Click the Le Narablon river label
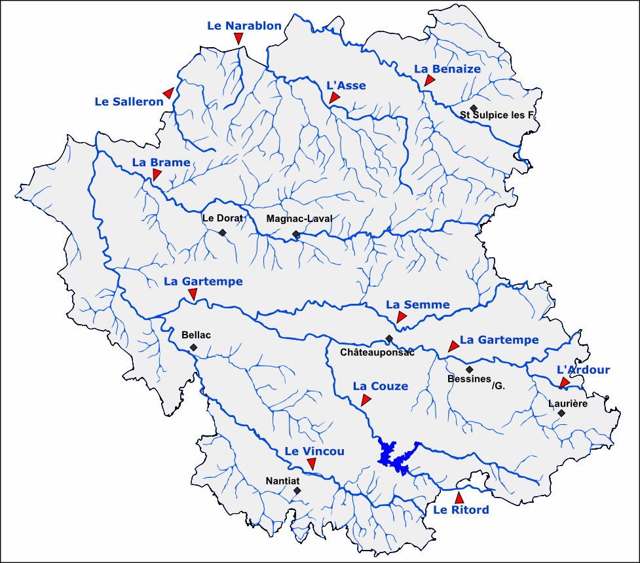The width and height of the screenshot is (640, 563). pyautogui.click(x=244, y=26)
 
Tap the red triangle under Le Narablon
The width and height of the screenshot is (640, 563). pyautogui.click(x=238, y=39)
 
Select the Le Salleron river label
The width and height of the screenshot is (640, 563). pyautogui.click(x=129, y=101)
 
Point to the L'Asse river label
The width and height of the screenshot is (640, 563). pyautogui.click(x=346, y=85)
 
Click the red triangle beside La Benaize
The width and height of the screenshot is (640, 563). pyautogui.click(x=429, y=81)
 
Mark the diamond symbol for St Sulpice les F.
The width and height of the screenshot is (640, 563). pyautogui.click(x=474, y=108)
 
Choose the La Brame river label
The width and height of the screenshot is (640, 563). pyautogui.click(x=161, y=162)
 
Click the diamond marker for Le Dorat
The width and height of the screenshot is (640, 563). pyautogui.click(x=223, y=232)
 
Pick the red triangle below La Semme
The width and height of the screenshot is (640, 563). pyautogui.click(x=402, y=318)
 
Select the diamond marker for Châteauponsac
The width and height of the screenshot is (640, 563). pyautogui.click(x=389, y=338)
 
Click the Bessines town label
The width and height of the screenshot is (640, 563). pyautogui.click(x=469, y=379)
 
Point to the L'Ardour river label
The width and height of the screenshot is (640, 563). pyautogui.click(x=583, y=370)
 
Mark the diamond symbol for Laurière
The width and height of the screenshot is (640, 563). pyautogui.click(x=561, y=412)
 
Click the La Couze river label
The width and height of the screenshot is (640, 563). pyautogui.click(x=380, y=386)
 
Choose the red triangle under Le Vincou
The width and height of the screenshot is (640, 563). pyautogui.click(x=312, y=463)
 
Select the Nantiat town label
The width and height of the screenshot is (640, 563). pyautogui.click(x=283, y=481)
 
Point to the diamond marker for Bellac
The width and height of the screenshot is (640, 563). pyautogui.click(x=193, y=347)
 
